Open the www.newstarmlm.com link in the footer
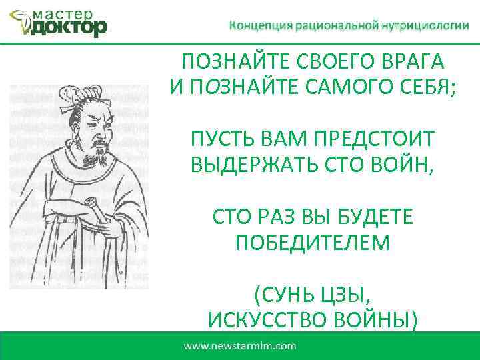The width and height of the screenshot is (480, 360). (239, 346)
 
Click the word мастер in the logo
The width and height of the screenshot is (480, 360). (64, 13)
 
